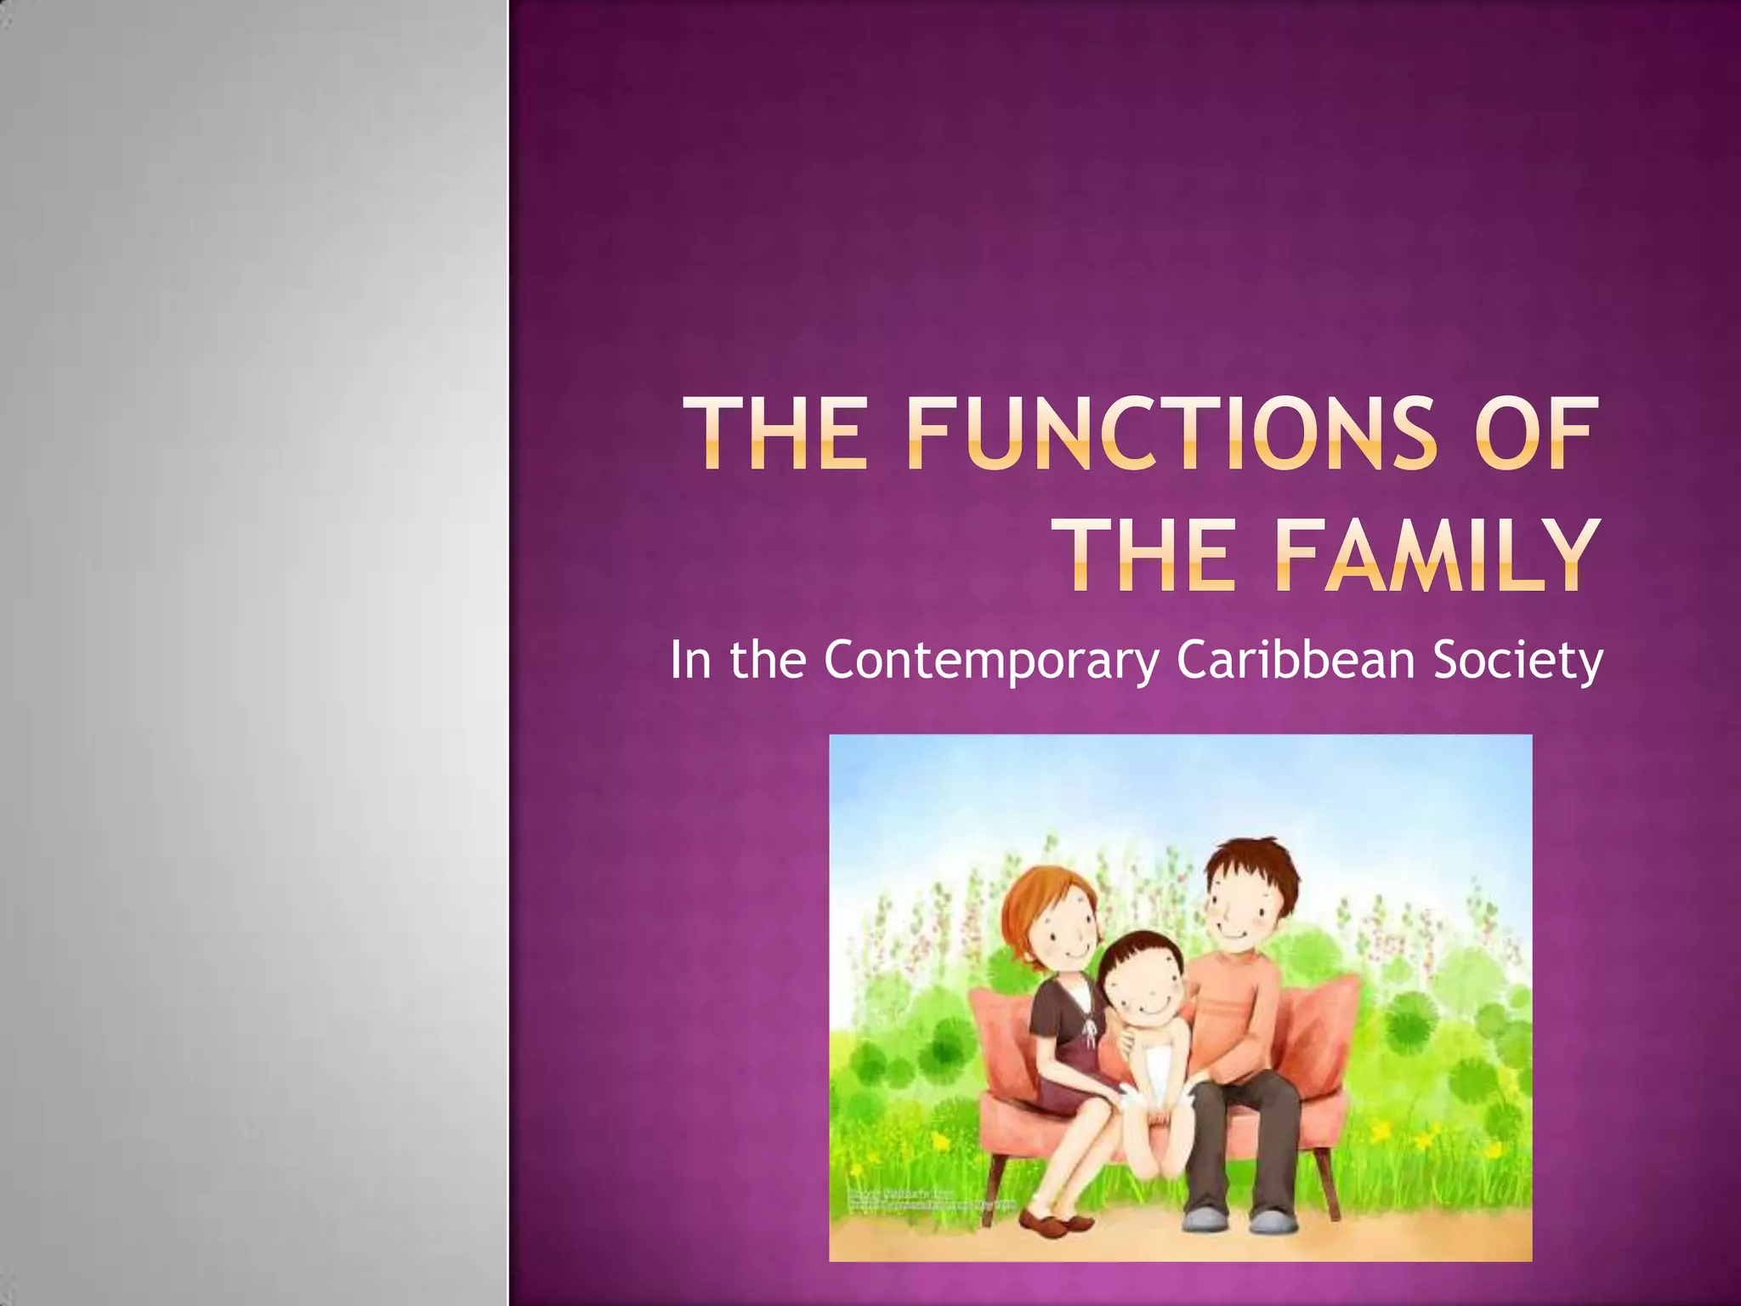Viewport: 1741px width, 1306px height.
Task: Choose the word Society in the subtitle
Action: pos(1518,662)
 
